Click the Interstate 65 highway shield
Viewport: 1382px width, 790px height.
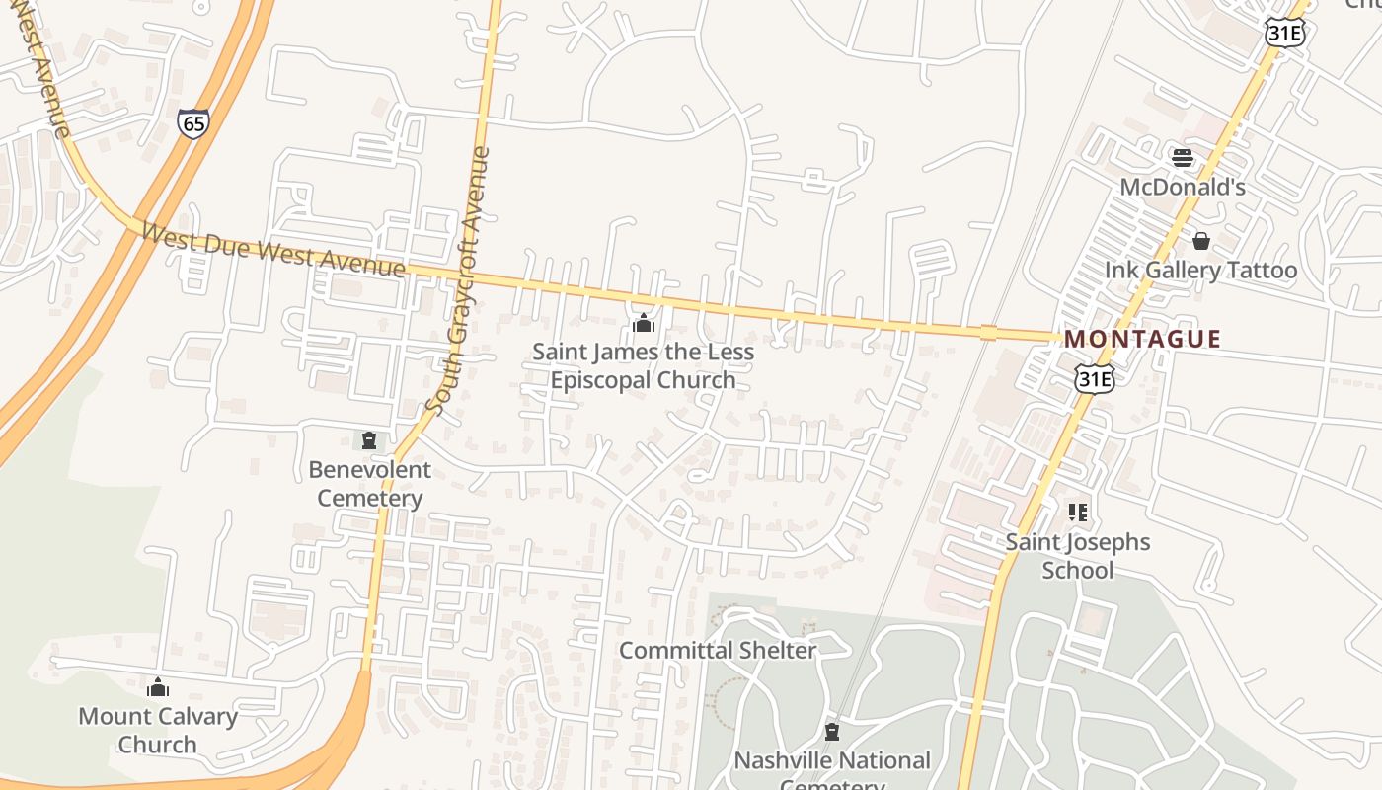(193, 122)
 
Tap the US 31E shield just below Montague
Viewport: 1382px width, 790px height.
(1095, 377)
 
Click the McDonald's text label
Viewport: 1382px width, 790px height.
(1182, 187)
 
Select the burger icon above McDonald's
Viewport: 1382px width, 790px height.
(1182, 157)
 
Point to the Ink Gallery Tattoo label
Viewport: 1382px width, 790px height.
(1200, 270)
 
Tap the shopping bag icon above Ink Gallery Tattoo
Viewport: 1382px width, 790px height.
(1201, 241)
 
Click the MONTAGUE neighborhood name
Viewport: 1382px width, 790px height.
(1142, 339)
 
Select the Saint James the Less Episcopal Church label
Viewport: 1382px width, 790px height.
(643, 365)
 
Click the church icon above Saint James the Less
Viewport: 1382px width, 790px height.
(644, 323)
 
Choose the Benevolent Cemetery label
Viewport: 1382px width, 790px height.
(370, 484)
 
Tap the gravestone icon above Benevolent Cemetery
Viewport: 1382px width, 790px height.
(369, 440)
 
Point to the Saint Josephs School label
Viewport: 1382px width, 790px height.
(1078, 556)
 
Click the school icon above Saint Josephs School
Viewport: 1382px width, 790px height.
(1078, 513)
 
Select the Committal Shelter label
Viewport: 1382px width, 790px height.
(718, 650)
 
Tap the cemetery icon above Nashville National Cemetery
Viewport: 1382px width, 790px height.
(832, 732)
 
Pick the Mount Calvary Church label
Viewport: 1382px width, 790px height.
(158, 730)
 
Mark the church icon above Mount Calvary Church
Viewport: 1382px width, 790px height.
(158, 687)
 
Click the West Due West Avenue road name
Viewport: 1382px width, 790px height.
(272, 251)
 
